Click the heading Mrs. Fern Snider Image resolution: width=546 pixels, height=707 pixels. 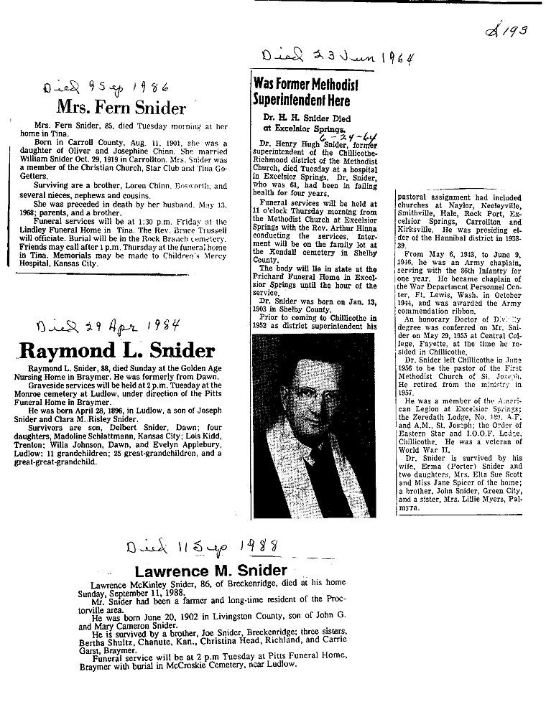121,108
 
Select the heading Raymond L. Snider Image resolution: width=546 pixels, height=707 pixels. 116,350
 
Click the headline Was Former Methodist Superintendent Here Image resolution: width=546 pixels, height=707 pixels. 306,91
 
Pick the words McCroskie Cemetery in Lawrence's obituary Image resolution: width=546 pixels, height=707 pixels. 216,664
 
